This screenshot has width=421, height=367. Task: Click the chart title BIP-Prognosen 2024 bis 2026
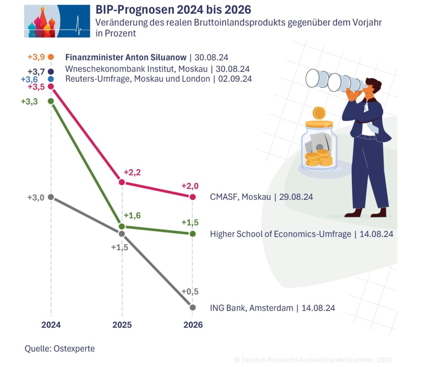coord(173,9)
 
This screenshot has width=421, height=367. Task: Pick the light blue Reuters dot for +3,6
coord(51,78)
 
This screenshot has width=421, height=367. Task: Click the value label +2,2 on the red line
coord(132,172)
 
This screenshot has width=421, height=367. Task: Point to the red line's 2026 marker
coord(193,197)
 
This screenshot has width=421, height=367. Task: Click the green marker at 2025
coord(122,226)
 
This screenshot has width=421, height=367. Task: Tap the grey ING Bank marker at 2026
coord(193,307)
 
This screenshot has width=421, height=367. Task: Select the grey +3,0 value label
coord(35,197)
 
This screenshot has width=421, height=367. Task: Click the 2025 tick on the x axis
coord(122,325)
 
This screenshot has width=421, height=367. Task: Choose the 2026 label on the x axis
coord(193,325)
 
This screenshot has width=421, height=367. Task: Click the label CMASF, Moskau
coord(241,197)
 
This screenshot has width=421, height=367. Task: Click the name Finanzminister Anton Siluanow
coord(125,57)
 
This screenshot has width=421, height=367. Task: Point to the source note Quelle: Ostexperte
coord(60,349)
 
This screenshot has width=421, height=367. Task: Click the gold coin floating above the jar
coord(319,113)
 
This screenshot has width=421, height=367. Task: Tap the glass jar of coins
coord(319,148)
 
